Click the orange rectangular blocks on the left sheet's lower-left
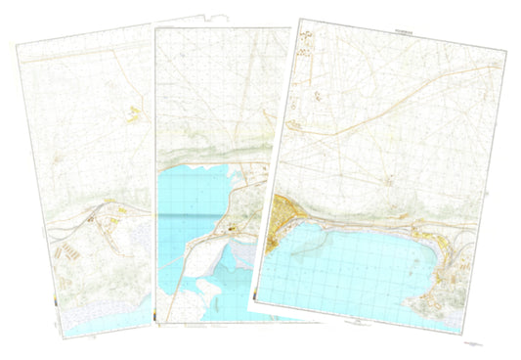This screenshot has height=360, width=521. pos(74,249)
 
